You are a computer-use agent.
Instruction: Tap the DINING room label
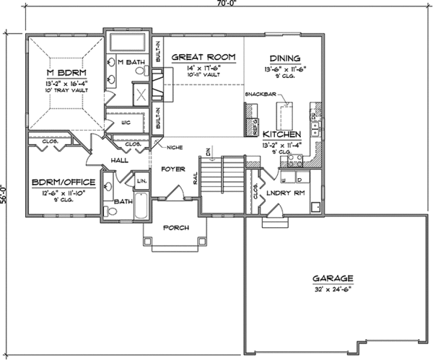[x=285, y=58]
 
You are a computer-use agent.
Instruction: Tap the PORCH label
[x=176, y=228]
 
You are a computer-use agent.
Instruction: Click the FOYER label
[x=173, y=171]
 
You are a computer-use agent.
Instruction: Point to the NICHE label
[x=172, y=148]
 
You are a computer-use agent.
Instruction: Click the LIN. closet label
[x=141, y=180]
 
